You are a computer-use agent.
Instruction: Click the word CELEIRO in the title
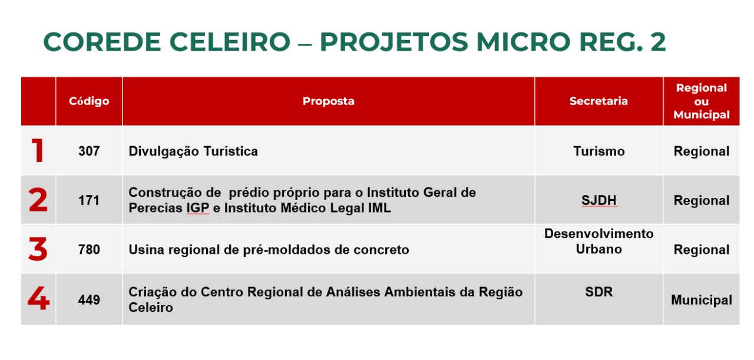pyautogui.click(x=230, y=42)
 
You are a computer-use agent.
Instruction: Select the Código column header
pyautogui.click(x=89, y=101)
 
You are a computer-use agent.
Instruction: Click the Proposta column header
pyautogui.click(x=329, y=101)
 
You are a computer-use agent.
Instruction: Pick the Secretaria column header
pyautogui.click(x=599, y=101)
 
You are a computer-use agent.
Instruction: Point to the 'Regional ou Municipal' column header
pyautogui.click(x=702, y=101)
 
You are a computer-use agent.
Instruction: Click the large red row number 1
pyautogui.click(x=38, y=150)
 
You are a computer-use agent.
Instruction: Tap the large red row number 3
pyautogui.click(x=38, y=249)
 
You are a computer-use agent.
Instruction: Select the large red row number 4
pyautogui.click(x=38, y=298)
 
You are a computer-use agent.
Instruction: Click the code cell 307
pyautogui.click(x=89, y=151)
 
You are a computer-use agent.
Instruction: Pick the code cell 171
pyautogui.click(x=89, y=200)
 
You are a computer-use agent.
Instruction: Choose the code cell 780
pyautogui.click(x=89, y=250)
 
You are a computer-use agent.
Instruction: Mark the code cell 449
pyautogui.click(x=89, y=300)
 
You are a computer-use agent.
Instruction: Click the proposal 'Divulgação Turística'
pyautogui.click(x=193, y=151)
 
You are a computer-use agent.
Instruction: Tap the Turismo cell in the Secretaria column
pyautogui.click(x=599, y=151)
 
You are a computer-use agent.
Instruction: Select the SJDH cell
pyautogui.click(x=599, y=200)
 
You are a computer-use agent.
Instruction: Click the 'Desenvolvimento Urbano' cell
pyautogui.click(x=599, y=242)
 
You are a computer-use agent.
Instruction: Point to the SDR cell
pyautogui.click(x=599, y=292)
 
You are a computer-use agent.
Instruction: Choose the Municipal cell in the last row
pyautogui.click(x=702, y=300)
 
